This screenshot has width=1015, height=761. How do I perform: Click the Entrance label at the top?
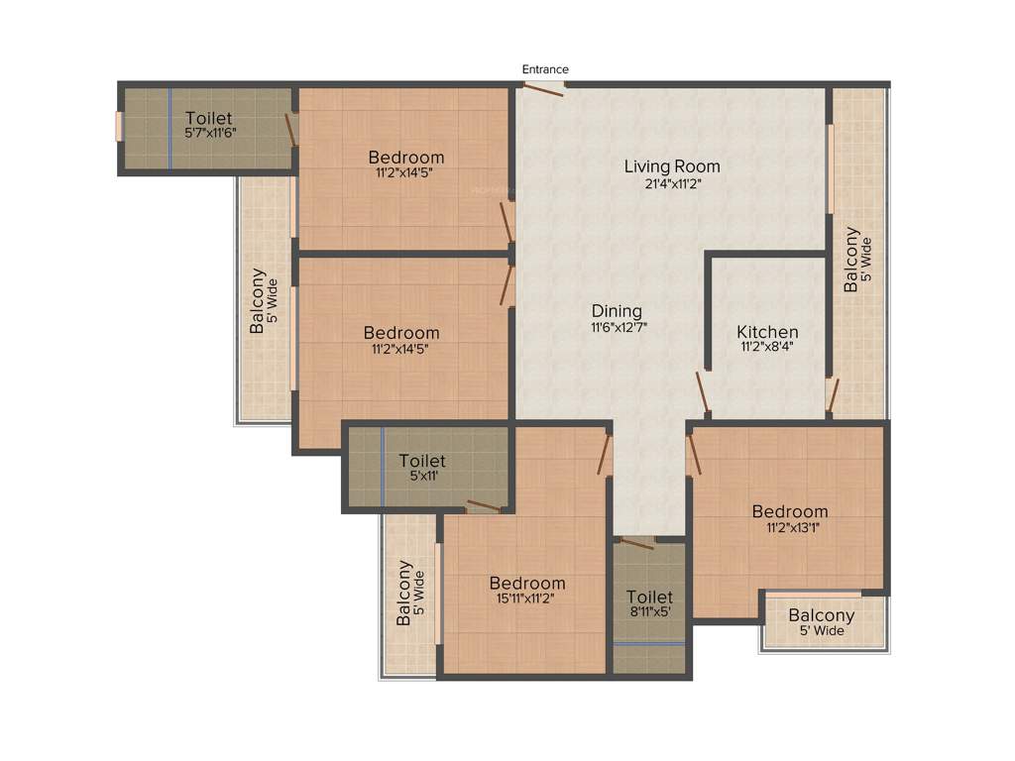click(545, 69)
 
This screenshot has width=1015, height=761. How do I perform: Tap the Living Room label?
click(671, 165)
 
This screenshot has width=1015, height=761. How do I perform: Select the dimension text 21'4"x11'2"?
click(671, 183)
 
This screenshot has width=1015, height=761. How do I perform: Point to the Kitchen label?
click(767, 331)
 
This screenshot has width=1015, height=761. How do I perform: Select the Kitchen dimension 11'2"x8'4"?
click(767, 348)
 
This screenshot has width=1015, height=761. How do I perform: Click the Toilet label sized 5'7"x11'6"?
click(209, 118)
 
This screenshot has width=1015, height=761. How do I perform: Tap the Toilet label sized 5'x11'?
click(422, 460)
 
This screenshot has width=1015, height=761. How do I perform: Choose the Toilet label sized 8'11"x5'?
click(650, 597)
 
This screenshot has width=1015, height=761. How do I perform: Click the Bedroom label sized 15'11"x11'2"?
click(527, 583)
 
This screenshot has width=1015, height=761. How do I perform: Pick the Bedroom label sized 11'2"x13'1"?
click(789, 511)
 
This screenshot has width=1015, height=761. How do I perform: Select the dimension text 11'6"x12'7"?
click(619, 327)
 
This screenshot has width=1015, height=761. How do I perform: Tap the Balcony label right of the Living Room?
click(850, 260)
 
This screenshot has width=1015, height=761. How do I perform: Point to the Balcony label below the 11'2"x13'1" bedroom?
click(822, 615)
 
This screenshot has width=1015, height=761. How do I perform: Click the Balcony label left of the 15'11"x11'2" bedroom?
click(404, 593)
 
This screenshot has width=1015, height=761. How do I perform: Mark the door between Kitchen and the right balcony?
click(833, 395)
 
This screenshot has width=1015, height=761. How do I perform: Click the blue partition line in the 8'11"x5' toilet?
click(649, 643)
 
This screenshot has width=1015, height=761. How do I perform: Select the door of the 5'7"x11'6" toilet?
click(291, 130)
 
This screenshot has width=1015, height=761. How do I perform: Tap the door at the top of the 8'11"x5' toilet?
click(636, 542)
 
